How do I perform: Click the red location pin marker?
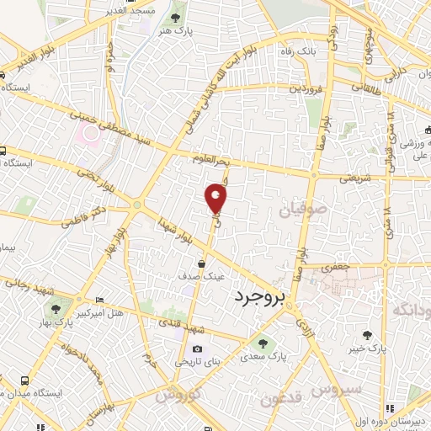coord(216,199)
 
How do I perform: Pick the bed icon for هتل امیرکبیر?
coord(100,301)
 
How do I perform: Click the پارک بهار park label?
coord(47,337)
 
